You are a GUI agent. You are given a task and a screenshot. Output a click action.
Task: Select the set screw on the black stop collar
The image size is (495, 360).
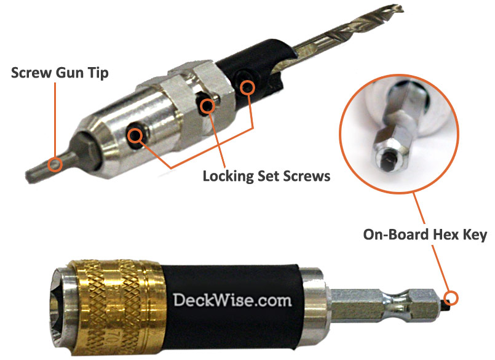247,87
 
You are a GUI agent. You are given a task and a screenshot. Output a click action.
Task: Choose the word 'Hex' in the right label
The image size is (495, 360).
434,235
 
